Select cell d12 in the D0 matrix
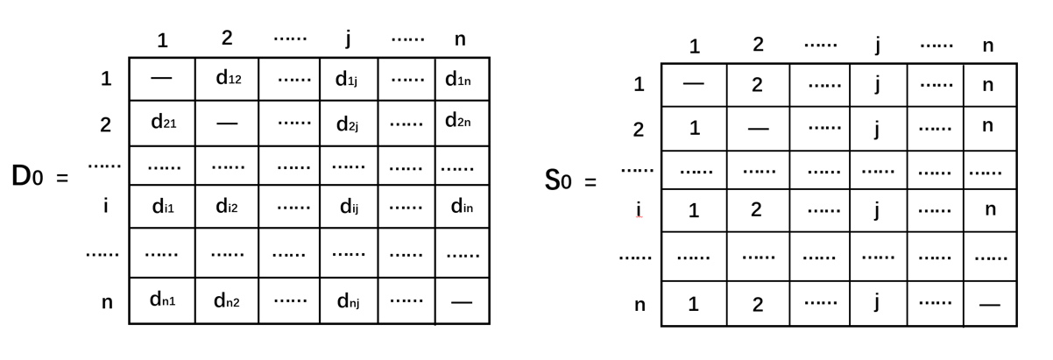227,78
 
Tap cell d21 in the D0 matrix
163,123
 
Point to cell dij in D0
349,208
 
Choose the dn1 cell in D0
163,300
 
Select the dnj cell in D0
348,302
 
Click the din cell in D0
461,208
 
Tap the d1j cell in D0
348,80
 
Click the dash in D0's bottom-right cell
461,302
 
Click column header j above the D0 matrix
348,38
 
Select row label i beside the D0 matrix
105,207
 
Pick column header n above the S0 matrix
988,46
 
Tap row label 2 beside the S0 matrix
639,130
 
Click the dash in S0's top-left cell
693,85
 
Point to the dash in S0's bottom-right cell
990,305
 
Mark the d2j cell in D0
348,124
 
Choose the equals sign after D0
61,179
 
